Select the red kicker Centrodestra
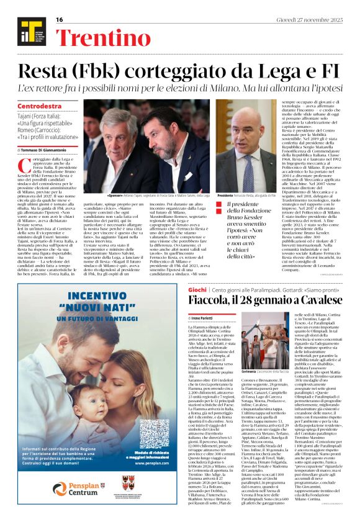(x=40, y=107)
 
